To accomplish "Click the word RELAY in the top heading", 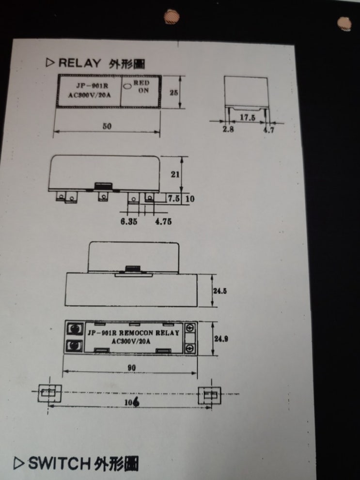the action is [79, 63].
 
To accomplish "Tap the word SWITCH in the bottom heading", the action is [60, 463].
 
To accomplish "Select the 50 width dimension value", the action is [107, 126].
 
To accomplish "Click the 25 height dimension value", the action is [173, 93].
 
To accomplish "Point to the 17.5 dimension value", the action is [247, 118].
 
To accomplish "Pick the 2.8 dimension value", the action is [228, 129].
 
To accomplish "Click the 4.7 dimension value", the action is [269, 130].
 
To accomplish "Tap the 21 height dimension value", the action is [175, 174].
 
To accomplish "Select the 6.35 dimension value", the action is [129, 221].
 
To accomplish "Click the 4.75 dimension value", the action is [163, 221].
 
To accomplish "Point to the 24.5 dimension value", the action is [220, 291].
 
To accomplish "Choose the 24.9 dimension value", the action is [221, 339].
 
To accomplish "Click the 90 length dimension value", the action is [131, 368].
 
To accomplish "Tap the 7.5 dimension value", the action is [173, 199].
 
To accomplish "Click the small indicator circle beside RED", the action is [127, 86].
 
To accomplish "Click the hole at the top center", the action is [172, 16].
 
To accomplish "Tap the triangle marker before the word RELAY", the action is [50, 63].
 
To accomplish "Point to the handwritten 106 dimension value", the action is [132, 402].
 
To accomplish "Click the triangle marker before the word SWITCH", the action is [19, 464].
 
